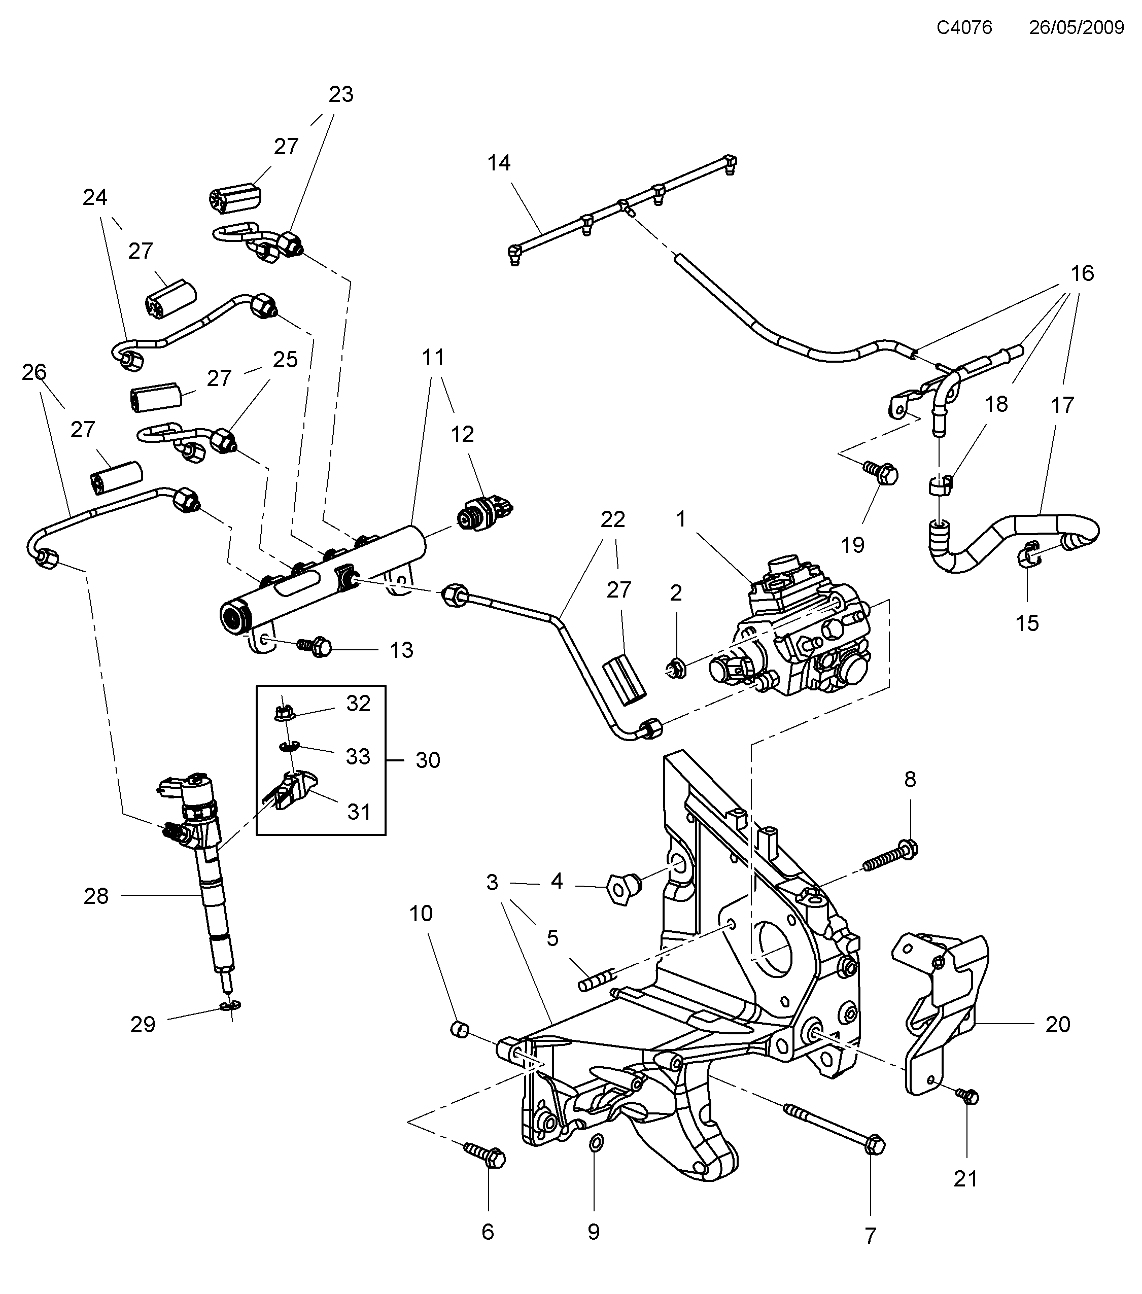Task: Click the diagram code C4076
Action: (964, 27)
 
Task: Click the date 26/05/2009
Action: (1076, 27)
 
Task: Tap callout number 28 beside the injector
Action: (96, 896)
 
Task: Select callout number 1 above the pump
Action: (680, 519)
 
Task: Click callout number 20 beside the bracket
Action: (1057, 1024)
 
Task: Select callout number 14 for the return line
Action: (498, 163)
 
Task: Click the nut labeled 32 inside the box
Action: (283, 714)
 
